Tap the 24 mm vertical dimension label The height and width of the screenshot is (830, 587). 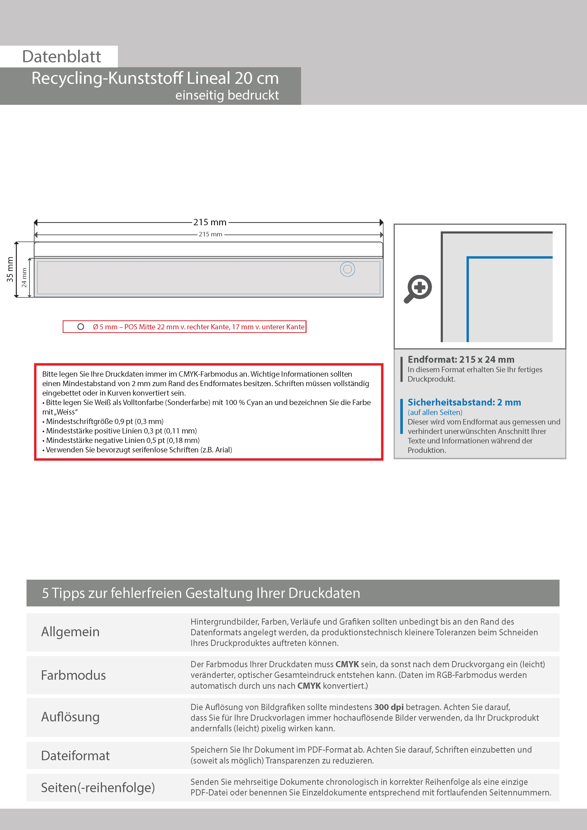pos(24,278)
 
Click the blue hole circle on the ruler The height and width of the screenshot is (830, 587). pos(347,269)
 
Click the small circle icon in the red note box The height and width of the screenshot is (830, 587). pos(81,327)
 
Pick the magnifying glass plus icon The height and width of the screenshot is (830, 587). pos(418,288)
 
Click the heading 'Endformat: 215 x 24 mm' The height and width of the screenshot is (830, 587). pos(461,359)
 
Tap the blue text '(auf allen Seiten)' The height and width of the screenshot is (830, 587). pos(435,412)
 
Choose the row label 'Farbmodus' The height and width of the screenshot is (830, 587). pos(73,675)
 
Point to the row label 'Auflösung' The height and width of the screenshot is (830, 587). pos(70,717)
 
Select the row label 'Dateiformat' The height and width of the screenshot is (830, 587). pos(75,755)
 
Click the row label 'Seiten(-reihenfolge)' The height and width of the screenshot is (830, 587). pos(98,787)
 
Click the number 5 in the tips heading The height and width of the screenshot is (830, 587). pos(45,593)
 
